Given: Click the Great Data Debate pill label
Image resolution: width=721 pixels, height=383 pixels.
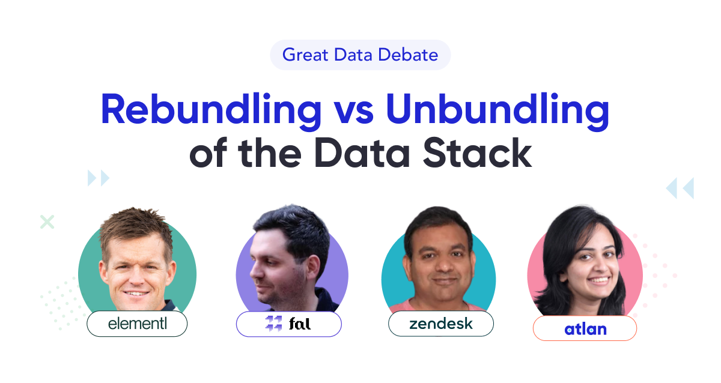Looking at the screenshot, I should (x=360, y=55).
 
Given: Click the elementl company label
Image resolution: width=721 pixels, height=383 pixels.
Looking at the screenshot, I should (x=137, y=324).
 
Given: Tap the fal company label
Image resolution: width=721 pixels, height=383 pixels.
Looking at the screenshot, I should (x=289, y=324).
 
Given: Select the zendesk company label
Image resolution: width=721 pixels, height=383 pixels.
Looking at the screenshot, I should (x=441, y=324).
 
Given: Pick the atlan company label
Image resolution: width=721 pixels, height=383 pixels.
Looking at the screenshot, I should (x=585, y=328).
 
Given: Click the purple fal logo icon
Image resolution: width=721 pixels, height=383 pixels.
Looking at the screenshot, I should (x=273, y=324).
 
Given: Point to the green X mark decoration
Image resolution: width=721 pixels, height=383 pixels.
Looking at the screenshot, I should (x=47, y=222).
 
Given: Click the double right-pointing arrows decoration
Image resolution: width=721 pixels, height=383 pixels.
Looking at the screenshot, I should (x=99, y=178).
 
